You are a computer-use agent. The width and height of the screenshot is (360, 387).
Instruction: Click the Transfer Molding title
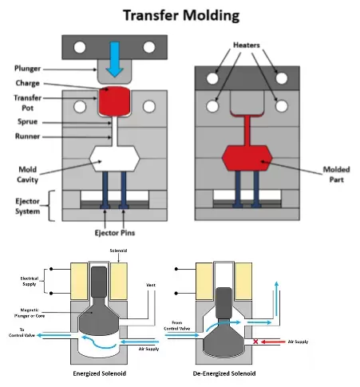[x=181, y=15]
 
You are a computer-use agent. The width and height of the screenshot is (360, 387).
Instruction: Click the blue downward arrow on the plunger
[x=115, y=59]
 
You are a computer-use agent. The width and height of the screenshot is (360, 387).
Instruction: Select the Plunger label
[x=27, y=69]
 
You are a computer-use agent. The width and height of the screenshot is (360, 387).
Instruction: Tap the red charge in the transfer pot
[x=114, y=101]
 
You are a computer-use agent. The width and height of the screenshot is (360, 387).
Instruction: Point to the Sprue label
[x=27, y=122]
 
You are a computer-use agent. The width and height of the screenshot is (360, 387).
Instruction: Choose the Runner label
[x=27, y=136]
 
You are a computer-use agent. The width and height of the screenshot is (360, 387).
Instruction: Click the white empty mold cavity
[x=114, y=158]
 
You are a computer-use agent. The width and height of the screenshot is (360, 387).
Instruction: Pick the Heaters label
[x=247, y=45]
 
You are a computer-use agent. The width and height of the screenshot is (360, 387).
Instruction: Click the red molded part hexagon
[x=247, y=158]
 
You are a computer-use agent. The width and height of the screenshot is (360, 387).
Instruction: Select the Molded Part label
[x=336, y=175]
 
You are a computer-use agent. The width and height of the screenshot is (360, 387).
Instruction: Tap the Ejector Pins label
[x=115, y=233]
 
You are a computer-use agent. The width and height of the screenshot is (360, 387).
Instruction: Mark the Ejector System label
[x=27, y=206]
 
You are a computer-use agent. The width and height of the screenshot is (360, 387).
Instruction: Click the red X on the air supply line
[x=255, y=342]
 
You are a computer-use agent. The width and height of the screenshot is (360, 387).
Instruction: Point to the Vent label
[x=151, y=285]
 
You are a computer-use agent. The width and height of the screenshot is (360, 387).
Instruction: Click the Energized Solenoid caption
[x=100, y=373]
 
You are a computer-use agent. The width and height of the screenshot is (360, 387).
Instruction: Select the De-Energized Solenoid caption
[x=224, y=373]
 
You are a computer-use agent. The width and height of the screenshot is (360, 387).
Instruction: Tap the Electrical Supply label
[x=30, y=281]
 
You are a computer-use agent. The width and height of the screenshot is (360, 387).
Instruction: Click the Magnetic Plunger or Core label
[x=30, y=313]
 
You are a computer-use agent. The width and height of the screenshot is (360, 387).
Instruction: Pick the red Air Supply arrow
[x=273, y=342]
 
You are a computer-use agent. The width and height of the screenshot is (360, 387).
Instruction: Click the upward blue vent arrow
[x=277, y=298]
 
